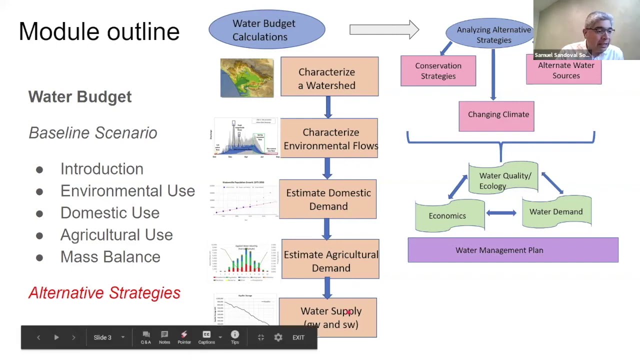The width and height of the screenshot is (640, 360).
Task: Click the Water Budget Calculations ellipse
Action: (266, 30)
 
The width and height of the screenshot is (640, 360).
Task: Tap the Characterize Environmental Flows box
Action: (329, 138)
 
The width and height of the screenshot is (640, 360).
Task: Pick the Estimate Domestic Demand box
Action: (328, 199)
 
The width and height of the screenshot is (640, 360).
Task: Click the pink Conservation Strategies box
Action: (438, 71)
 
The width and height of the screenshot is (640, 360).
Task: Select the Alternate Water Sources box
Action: (564, 71)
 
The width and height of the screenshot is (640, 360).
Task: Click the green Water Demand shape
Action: (556, 212)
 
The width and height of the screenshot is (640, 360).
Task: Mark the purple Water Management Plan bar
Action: (513, 250)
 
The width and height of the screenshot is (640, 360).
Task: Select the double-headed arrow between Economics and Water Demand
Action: (501, 213)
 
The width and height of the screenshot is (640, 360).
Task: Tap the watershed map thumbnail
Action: (247, 78)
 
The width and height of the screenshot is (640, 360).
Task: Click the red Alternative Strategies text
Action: (104, 293)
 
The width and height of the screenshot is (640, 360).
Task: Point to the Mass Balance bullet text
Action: (110, 257)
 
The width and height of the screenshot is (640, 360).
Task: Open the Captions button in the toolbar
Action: (206, 337)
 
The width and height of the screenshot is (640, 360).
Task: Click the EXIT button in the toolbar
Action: (298, 337)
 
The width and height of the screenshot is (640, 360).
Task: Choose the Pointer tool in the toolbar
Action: (184, 337)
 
